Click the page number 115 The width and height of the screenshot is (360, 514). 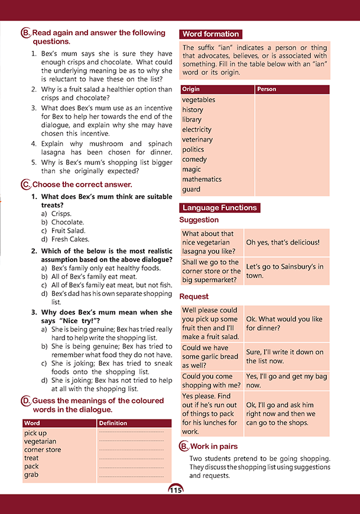176,490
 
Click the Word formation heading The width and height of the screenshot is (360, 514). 211,34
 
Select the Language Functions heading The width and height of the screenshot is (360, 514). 219,208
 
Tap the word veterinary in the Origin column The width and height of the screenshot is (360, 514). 197,139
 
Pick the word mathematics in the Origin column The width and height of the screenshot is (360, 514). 202,179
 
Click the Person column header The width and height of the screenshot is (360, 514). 267,89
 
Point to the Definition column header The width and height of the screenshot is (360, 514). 113,424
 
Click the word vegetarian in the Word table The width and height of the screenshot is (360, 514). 40,441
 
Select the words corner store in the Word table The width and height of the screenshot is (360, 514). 43,450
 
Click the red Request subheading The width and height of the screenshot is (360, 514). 194,297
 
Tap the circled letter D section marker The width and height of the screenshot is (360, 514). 25,401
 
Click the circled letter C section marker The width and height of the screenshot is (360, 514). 25,185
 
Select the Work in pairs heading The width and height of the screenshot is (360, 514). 213,446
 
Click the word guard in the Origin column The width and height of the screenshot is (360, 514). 192,189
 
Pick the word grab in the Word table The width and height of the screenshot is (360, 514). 31,474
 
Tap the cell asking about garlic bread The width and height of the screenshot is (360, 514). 210,356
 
